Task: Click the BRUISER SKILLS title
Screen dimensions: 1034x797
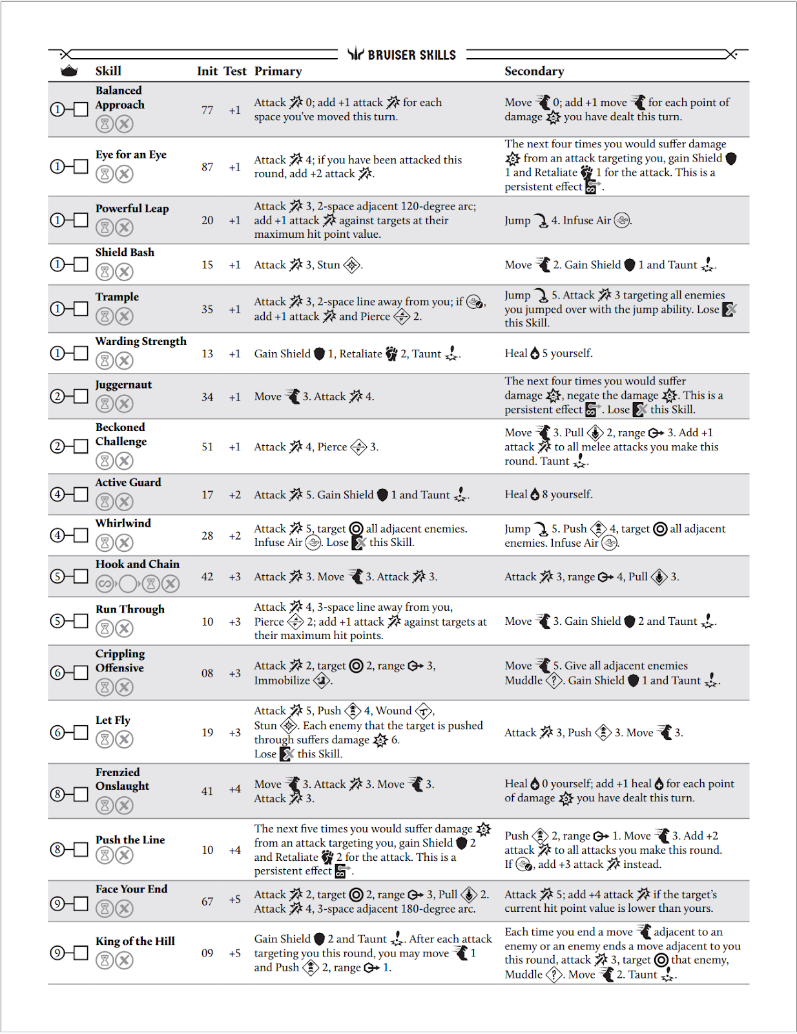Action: tap(411, 55)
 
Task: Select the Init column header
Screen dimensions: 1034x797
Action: tap(207, 71)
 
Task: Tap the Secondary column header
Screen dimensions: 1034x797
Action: tap(534, 71)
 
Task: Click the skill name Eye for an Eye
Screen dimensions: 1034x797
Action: tap(131, 154)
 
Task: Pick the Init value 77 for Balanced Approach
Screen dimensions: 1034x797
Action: tap(207, 110)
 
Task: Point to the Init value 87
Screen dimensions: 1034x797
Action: tap(207, 167)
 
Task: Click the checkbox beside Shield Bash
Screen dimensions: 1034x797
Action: tap(81, 264)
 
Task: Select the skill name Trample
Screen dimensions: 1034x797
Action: tap(117, 297)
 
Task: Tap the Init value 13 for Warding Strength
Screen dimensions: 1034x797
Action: tap(207, 353)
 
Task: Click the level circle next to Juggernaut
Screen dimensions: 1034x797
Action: tap(57, 396)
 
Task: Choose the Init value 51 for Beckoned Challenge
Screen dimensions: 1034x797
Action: tap(207, 447)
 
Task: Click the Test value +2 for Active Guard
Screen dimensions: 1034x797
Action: tap(234, 495)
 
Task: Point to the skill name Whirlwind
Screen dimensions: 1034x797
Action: tap(123, 523)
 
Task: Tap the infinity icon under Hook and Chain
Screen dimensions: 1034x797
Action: tap(105, 584)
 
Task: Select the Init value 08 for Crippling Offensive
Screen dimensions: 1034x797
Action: tap(207, 673)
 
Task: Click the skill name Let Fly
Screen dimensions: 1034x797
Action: tap(113, 720)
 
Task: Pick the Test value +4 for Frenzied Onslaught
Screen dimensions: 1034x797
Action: tap(234, 790)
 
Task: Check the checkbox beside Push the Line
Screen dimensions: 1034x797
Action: tap(81, 849)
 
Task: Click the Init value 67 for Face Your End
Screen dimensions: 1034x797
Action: tap(207, 902)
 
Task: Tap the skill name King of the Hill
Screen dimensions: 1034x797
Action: tap(135, 941)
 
